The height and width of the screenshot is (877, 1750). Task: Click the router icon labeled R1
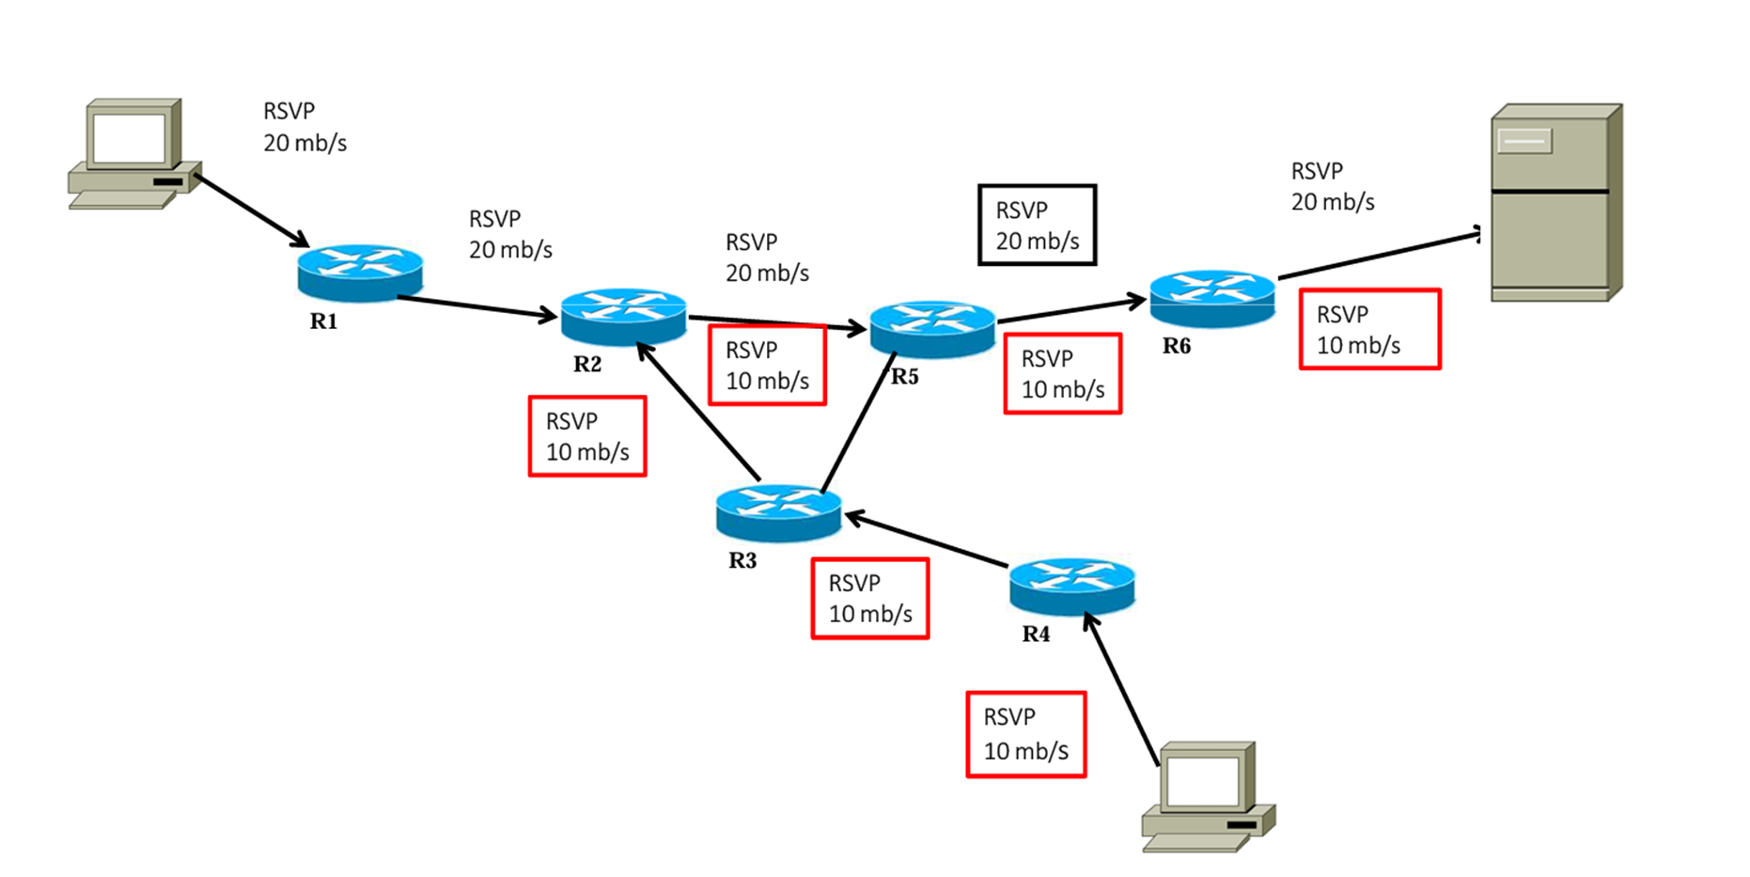tap(360, 273)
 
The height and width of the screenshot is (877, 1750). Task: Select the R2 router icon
tap(623, 316)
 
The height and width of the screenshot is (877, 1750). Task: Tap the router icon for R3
tap(778, 512)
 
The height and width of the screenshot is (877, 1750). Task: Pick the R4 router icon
tap(1071, 587)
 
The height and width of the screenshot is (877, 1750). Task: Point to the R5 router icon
tap(932, 329)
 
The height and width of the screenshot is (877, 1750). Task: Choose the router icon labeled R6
tap(1212, 298)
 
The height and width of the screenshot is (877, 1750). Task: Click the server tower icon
tap(1556, 203)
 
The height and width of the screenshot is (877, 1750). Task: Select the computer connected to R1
tap(133, 154)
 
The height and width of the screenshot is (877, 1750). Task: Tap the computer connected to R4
tap(1209, 797)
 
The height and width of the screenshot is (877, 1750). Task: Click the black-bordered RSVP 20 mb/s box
tap(1037, 225)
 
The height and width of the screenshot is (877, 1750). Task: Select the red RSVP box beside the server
tap(1369, 329)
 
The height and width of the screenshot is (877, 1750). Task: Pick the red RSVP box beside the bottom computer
tap(1025, 734)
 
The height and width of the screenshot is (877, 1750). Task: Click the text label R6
tap(1176, 346)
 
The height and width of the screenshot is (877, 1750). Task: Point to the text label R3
tap(742, 561)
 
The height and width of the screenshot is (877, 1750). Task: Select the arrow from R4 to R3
tap(926, 540)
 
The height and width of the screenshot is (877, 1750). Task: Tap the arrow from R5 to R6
tap(1071, 310)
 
